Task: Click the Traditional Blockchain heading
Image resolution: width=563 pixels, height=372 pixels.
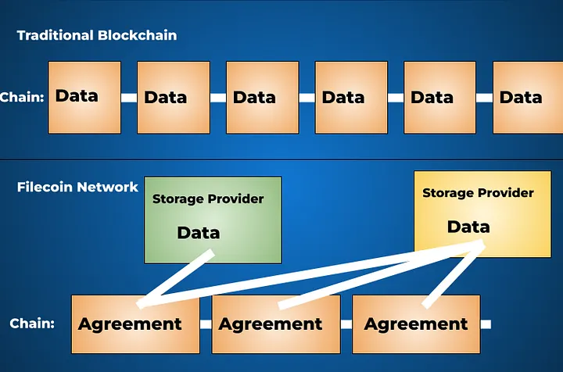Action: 97,35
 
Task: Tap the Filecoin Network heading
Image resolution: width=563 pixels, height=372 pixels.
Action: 77,188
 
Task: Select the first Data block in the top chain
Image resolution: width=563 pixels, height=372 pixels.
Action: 84,97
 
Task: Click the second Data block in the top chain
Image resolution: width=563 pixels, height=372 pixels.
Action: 173,98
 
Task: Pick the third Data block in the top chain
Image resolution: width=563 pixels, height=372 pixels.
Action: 262,98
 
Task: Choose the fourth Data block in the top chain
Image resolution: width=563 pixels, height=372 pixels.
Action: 351,98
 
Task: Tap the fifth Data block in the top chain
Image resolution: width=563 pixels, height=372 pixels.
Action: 439,98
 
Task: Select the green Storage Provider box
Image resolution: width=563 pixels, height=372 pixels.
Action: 212,219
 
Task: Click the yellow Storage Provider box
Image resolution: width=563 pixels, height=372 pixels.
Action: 482,213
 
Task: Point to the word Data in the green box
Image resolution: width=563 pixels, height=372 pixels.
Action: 199,233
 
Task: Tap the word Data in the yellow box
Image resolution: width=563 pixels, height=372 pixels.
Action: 468,227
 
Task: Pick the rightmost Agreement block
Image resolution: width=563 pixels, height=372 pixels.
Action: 416,324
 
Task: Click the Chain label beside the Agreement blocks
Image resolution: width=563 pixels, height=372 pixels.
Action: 32,323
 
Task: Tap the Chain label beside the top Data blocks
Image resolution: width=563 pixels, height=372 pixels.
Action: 22,98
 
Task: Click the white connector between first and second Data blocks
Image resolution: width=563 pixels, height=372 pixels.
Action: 129,98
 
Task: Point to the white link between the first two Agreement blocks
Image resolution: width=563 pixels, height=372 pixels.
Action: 206,324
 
